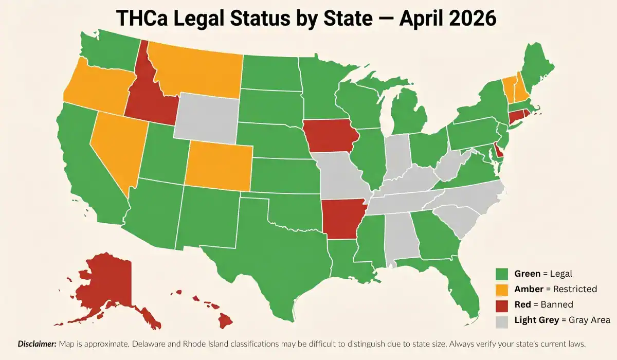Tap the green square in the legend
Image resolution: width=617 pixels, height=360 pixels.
[502, 274]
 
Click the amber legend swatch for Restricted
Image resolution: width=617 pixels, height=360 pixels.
[502, 289]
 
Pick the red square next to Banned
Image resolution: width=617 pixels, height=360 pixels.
[502, 304]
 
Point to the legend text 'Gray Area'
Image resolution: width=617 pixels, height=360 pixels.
[589, 320]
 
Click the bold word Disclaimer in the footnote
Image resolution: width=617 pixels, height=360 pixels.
[38, 343]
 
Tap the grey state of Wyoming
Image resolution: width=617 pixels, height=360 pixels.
[206, 118]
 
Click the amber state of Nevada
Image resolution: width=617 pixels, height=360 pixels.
[116, 149]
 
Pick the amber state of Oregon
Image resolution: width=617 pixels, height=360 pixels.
[95, 87]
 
